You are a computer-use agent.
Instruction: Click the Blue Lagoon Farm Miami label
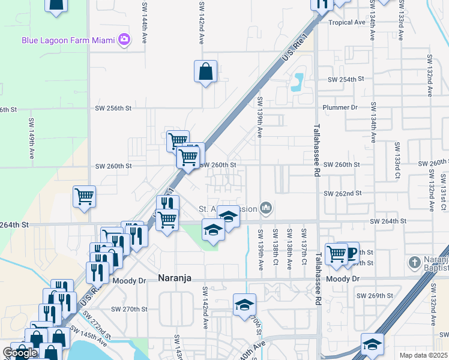[x=67, y=40]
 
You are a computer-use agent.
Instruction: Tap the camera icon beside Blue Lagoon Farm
[x=124, y=40]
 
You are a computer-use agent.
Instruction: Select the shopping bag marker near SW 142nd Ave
[x=205, y=72]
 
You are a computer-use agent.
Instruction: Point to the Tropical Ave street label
[x=347, y=22]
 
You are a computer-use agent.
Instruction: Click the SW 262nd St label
[x=342, y=194]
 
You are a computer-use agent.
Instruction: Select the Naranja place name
[x=178, y=278]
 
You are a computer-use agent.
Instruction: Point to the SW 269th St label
[x=375, y=296]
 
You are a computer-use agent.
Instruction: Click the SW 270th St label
[x=129, y=309]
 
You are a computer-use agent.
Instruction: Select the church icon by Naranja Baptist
[x=414, y=262]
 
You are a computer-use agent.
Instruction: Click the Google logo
[x=20, y=353]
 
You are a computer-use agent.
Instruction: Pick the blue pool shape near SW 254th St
[x=297, y=81]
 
